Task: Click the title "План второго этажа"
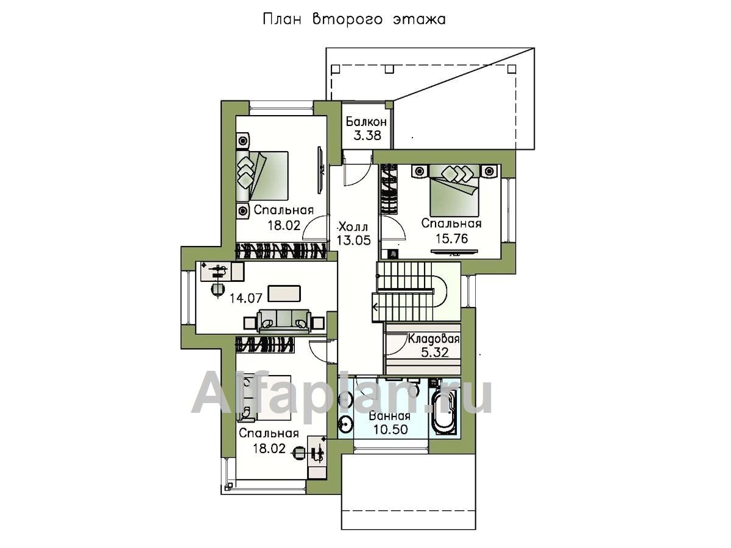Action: [x=355, y=19]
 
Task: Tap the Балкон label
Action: [x=366, y=122]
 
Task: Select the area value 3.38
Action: [x=367, y=136]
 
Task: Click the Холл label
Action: [x=353, y=227]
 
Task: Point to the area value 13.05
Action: [x=353, y=241]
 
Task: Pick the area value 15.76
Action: [x=451, y=238]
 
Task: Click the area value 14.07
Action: [x=245, y=298]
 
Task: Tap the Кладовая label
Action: [x=434, y=339]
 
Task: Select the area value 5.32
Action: [x=434, y=353]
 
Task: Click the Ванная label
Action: [x=390, y=416]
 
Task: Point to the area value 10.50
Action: [x=390, y=429]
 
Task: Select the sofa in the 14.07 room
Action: [x=284, y=321]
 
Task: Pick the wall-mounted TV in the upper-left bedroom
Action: [x=320, y=170]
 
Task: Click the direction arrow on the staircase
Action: [x=375, y=307]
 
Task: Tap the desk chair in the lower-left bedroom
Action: [x=298, y=452]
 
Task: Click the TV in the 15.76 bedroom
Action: [x=454, y=252]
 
